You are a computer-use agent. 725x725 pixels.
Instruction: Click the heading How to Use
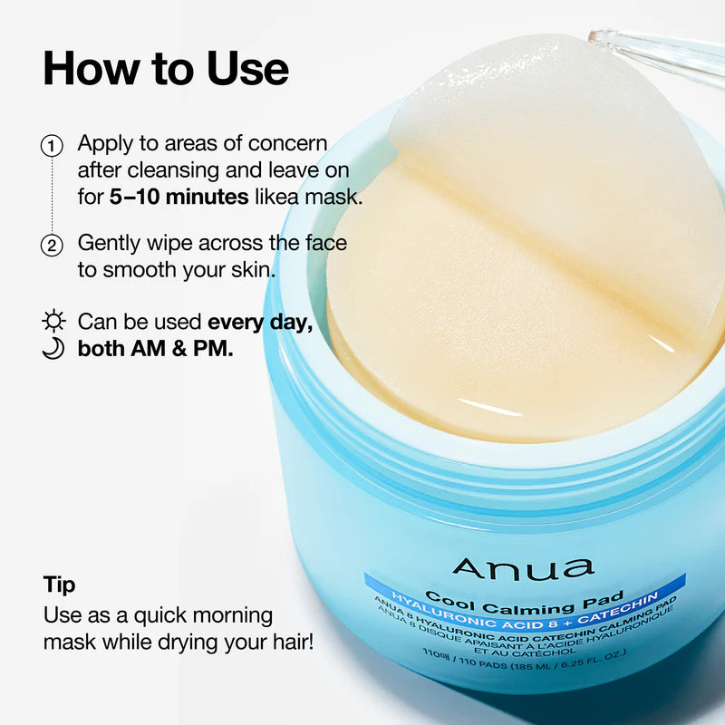(166, 68)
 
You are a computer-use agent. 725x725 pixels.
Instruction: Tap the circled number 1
(53, 145)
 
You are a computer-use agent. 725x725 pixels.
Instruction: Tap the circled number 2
(53, 245)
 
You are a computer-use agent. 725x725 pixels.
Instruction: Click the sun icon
(54, 322)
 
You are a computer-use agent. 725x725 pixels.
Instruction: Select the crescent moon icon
(53, 349)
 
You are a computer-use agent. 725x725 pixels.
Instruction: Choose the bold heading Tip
(60, 585)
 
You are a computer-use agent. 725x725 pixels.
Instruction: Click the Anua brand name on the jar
(523, 567)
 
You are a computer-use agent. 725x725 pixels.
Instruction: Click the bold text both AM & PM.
(156, 349)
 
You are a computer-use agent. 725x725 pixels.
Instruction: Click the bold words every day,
(261, 322)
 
